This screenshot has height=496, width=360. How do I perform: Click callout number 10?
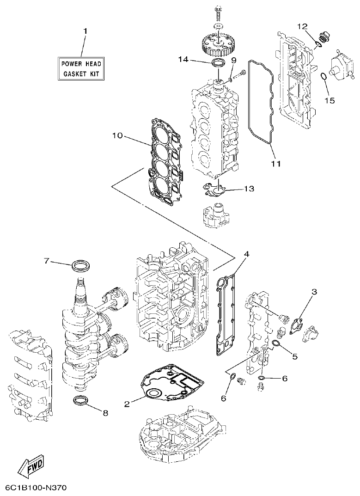117,135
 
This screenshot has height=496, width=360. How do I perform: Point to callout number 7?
46,261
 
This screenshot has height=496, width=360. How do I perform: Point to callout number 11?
276,163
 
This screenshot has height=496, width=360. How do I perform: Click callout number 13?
249,189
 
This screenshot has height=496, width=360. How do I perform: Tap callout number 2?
127,404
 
